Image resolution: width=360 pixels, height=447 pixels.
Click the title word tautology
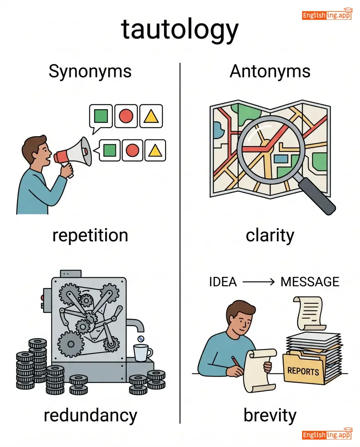pos(180,30)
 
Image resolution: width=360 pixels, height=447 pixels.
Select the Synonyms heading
pos(90,71)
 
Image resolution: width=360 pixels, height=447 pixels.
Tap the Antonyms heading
pos(270,71)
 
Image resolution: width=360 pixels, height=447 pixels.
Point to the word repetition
pos(90,236)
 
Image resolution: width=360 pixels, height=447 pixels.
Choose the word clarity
pos(270,236)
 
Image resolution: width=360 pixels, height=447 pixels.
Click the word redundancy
pos(90,415)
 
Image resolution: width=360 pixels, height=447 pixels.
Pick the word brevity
pos(270,415)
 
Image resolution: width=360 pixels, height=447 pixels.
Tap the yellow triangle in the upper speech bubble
pos(151,116)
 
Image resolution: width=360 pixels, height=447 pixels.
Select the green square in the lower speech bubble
pos(109,150)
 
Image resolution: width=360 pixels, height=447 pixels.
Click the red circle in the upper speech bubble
pos(126,116)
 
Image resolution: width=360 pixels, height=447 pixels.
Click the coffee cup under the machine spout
pos(142,353)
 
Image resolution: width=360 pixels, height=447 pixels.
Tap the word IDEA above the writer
pos(223,282)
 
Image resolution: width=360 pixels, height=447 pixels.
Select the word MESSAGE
pos(310,282)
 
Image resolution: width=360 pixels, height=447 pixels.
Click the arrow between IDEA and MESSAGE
pos(259,282)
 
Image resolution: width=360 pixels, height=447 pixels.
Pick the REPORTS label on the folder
pos(303,370)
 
